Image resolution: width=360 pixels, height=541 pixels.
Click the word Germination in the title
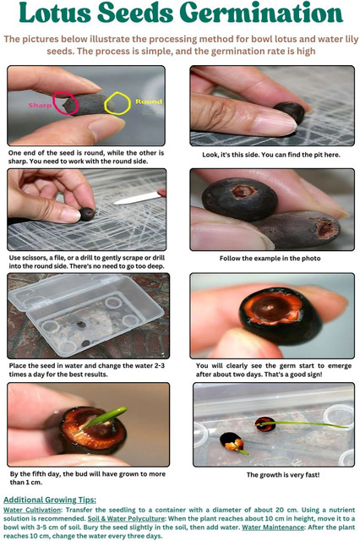pyautogui.click(x=261, y=14)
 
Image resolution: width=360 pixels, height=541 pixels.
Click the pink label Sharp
pyautogui.click(x=40, y=105)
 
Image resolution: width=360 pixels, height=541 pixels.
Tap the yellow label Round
pyautogui.click(x=149, y=101)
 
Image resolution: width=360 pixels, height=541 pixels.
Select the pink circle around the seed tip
pyautogui.click(x=63, y=103)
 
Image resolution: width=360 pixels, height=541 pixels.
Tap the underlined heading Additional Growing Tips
pyautogui.click(x=50, y=500)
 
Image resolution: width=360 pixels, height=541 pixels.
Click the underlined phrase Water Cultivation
pyautogui.click(x=32, y=510)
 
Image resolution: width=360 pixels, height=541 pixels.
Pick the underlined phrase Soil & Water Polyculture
pyautogui.click(x=126, y=518)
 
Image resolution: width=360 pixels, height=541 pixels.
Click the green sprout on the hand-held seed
pyautogui.click(x=106, y=417)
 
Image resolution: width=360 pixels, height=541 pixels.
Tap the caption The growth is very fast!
pyautogui.click(x=283, y=475)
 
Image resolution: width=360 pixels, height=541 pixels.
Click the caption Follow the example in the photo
pyautogui.click(x=270, y=259)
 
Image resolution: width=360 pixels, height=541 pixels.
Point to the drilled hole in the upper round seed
pyautogui.click(x=243, y=191)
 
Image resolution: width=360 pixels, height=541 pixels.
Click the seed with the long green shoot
pyautogui.click(x=265, y=424)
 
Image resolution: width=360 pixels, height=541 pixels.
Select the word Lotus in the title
pyautogui.click(x=54, y=14)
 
